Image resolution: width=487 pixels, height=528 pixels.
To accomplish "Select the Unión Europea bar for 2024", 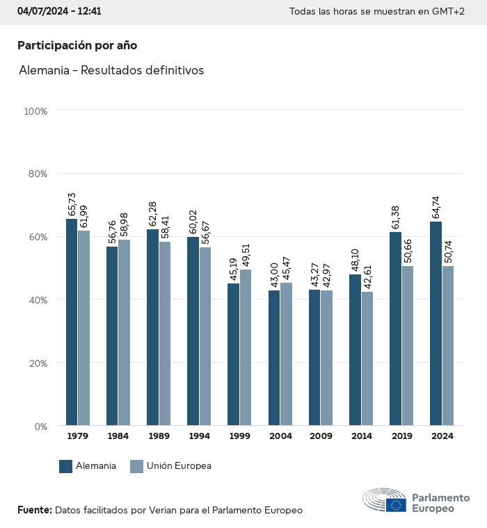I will pyautogui.click(x=447, y=345).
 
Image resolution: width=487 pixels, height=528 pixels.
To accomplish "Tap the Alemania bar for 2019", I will pyautogui.click(x=395, y=329).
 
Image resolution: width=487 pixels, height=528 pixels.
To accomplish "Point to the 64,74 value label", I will pyautogui.click(x=436, y=207).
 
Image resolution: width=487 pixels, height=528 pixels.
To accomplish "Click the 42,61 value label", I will pyautogui.click(x=367, y=277).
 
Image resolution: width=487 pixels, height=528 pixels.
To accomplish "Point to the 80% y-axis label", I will pyautogui.click(x=36, y=174).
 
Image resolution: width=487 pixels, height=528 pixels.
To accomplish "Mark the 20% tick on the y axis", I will pyautogui.click(x=36, y=363).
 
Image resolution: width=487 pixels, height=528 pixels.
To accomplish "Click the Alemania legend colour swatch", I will pyautogui.click(x=66, y=466).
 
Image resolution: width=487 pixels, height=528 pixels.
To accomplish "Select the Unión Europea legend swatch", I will pyautogui.click(x=137, y=466).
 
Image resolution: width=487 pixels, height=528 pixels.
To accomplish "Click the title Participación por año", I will pyautogui.click(x=77, y=45).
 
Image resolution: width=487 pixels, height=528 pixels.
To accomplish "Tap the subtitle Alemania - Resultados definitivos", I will pyautogui.click(x=111, y=70).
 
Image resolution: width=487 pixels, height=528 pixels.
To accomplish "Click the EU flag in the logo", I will pyautogui.click(x=397, y=505).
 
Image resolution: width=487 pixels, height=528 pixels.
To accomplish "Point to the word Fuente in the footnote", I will pyautogui.click(x=34, y=510).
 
